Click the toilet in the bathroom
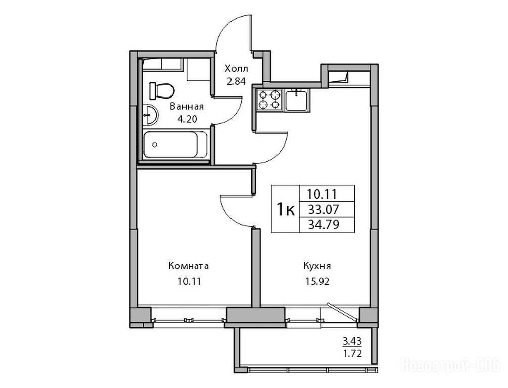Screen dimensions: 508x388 coord(161,90)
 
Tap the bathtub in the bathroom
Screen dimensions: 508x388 coord(175,144)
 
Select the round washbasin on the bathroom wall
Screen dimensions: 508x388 coord(150,114)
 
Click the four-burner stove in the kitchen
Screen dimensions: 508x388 coord(268,100)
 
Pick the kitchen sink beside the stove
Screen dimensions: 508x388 coord(296,100)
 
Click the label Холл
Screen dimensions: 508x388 coord(237,69)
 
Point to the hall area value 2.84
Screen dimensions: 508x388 coord(236,81)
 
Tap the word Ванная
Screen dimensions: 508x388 coord(187,107)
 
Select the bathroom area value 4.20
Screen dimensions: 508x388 coord(187,119)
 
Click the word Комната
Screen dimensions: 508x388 coord(189,266)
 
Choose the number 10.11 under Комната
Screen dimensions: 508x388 coord(189,281)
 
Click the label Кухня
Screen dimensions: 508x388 coord(317,267)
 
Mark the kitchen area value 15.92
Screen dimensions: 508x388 coord(317,282)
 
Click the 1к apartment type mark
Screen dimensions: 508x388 coord(285,210)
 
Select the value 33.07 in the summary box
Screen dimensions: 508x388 coord(324,210)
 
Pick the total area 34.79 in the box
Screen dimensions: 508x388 coord(324,224)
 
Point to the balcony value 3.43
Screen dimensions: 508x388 coord(352,341)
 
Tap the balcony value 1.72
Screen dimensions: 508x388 coord(352,352)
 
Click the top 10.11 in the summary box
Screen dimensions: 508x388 coord(322,195)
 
